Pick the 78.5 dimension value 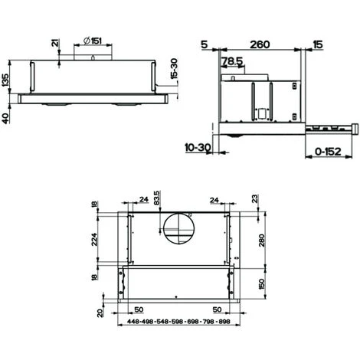coord(232,61)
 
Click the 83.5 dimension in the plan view coord(157,198)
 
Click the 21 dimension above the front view coord(54,44)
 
